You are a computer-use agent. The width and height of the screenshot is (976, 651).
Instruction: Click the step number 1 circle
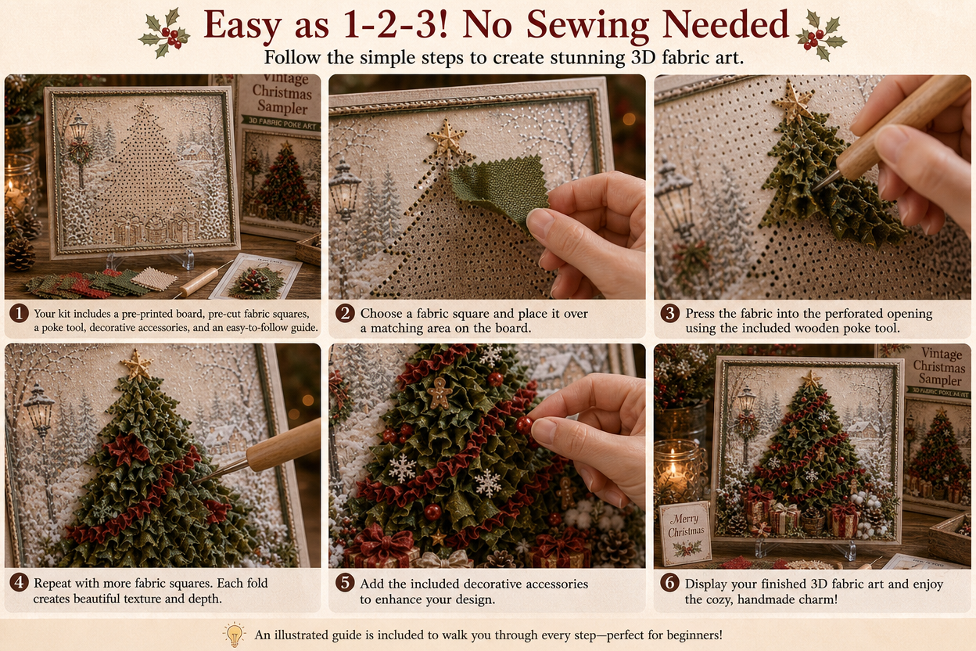coord(19,313)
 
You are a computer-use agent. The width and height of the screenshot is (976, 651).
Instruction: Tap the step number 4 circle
coord(19,582)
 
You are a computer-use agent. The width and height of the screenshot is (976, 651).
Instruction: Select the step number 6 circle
coord(669,583)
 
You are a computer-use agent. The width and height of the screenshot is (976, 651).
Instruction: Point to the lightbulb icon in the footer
coord(235,634)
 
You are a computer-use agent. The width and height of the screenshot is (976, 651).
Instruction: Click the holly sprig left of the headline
coord(165,34)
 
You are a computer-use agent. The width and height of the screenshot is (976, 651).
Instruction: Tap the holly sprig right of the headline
coord(820,36)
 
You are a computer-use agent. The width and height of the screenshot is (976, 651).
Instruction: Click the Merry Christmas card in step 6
coord(686,533)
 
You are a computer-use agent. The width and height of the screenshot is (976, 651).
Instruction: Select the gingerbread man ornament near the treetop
coord(440,393)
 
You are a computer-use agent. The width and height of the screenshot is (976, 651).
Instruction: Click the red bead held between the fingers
coord(524,425)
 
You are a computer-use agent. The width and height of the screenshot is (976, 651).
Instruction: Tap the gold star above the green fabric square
coord(447,139)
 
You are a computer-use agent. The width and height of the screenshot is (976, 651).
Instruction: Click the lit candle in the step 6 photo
coord(674,473)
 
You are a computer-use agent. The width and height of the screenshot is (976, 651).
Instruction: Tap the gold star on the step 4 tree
coord(138,364)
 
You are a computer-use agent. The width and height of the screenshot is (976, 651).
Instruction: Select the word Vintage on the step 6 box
coord(942,354)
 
